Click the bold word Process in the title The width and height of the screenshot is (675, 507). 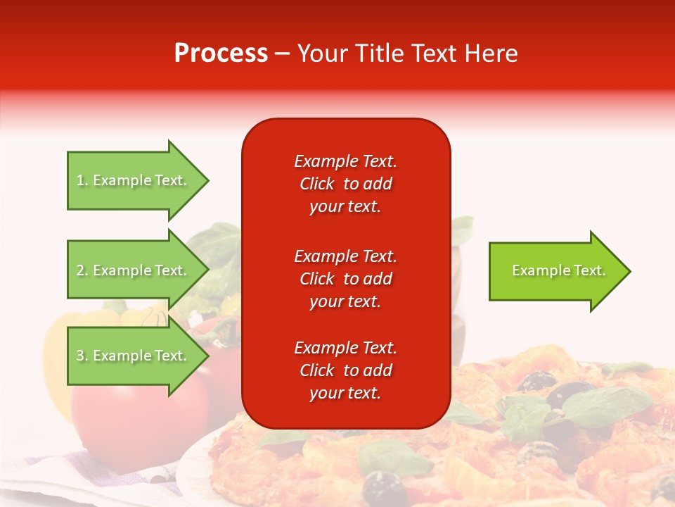(221, 54)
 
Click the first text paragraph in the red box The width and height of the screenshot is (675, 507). (345, 184)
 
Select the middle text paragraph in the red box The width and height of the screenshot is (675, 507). (345, 279)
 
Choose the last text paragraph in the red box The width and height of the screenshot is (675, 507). (345, 370)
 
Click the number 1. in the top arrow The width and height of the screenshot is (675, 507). (82, 181)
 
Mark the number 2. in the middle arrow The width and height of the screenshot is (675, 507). (82, 271)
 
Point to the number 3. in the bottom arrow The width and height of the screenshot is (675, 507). (82, 356)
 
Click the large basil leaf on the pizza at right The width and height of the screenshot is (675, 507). (605, 405)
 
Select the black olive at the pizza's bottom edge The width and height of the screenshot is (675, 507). (380, 486)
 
